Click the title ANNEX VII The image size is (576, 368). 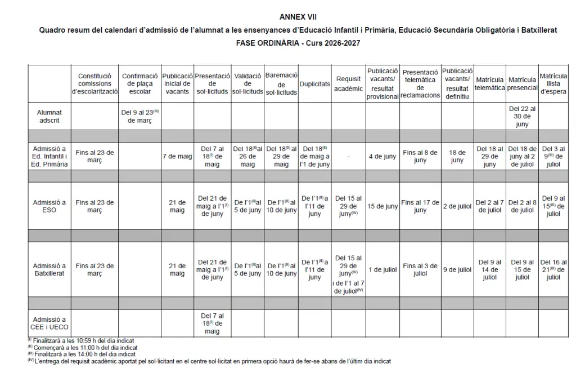[298, 17]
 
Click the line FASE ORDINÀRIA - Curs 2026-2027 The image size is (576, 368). [298, 42]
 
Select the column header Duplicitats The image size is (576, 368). [315, 84]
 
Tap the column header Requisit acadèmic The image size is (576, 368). [348, 84]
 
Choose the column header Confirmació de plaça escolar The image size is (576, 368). [140, 83]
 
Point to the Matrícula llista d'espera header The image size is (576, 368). [553, 83]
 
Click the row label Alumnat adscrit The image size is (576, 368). [50, 116]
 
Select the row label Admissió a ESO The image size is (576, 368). [50, 206]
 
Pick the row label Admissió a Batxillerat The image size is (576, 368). [50, 269]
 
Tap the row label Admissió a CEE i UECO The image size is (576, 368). [50, 323]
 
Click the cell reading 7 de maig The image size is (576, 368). [178, 156]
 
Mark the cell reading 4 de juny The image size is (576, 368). [382, 156]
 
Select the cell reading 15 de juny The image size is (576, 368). [382, 206]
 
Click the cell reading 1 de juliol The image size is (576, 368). [382, 270]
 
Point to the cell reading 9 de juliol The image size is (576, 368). [457, 270]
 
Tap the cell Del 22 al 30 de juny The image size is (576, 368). [523, 116]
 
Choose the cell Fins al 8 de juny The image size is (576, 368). [420, 156]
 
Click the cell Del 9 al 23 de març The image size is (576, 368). [140, 116]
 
